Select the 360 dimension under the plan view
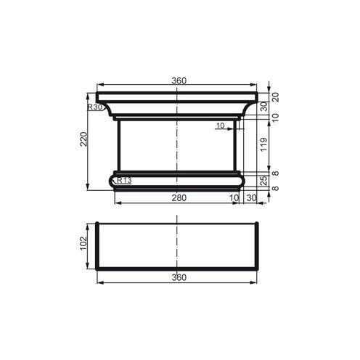pyautogui.click(x=179, y=277)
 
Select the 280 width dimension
pyautogui.click(x=178, y=197)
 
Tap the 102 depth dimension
pyautogui.click(x=83, y=241)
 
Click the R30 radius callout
pyautogui.click(x=94, y=107)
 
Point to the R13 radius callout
pyautogui.click(x=123, y=180)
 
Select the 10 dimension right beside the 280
pyautogui.click(x=234, y=197)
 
